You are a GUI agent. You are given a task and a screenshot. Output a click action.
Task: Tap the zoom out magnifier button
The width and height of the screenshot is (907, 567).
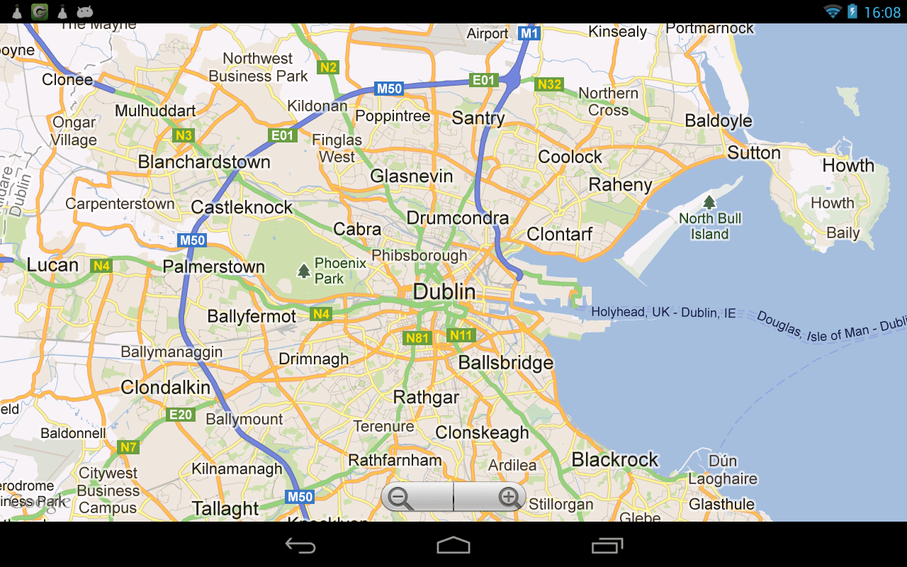pyautogui.click(x=401, y=498)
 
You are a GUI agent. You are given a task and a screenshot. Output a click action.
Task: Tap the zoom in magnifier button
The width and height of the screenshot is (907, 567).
pyautogui.click(x=509, y=498)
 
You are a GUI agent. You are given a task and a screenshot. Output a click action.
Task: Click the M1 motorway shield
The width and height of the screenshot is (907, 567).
pyautogui.click(x=529, y=33)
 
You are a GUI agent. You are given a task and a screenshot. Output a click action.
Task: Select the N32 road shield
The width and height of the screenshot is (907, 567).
pyautogui.click(x=549, y=85)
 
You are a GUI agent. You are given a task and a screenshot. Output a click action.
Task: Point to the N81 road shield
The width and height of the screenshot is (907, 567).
pyautogui.click(x=417, y=338)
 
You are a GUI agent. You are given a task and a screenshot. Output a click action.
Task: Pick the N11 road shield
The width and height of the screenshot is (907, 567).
pyautogui.click(x=461, y=335)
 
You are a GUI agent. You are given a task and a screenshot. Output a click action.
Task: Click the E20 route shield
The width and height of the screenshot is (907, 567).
pyautogui.click(x=181, y=415)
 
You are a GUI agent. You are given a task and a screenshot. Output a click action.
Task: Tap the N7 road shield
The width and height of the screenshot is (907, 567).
pyautogui.click(x=128, y=447)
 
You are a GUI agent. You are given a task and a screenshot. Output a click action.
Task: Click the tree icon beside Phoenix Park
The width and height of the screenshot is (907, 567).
pyautogui.click(x=304, y=270)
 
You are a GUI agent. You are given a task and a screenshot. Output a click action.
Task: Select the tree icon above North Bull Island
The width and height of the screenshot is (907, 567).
pyautogui.click(x=709, y=202)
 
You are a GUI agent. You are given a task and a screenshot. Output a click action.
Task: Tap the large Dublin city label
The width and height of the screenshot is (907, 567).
pyautogui.click(x=444, y=291)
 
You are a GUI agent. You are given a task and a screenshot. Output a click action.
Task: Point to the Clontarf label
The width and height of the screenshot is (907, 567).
pyautogui.click(x=560, y=234)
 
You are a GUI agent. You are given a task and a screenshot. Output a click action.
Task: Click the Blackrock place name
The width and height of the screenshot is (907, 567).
pyautogui.click(x=615, y=460)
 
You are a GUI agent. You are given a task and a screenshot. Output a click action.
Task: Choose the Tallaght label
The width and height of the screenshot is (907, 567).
pyautogui.click(x=225, y=509)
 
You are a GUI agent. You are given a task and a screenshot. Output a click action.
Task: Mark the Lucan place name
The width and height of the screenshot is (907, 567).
pyautogui.click(x=52, y=266)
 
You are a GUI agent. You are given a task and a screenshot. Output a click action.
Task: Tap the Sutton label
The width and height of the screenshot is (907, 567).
pyautogui.click(x=754, y=153)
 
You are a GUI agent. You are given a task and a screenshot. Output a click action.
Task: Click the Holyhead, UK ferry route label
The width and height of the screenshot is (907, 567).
pyautogui.click(x=663, y=313)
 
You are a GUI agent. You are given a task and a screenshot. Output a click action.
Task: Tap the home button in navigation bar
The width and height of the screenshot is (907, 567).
pyautogui.click(x=453, y=545)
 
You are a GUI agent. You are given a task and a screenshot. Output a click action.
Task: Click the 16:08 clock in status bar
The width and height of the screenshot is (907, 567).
pyautogui.click(x=882, y=12)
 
